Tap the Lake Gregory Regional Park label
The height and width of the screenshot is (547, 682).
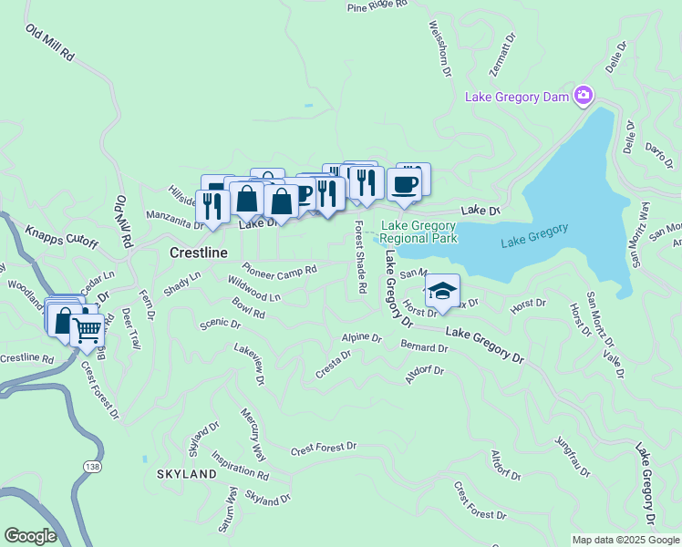point(418,232)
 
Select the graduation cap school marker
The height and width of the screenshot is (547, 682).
point(442,291)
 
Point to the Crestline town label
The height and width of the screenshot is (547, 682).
point(199,253)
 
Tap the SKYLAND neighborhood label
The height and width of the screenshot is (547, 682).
point(187,474)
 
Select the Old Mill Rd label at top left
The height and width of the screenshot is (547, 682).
point(49,44)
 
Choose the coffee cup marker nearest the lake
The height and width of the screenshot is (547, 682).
point(406,185)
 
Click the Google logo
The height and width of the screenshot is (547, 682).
point(29,536)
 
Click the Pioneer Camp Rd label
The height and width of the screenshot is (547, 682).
point(280,271)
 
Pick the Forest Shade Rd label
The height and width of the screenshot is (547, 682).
point(360,257)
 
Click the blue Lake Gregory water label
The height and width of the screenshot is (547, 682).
point(534,235)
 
